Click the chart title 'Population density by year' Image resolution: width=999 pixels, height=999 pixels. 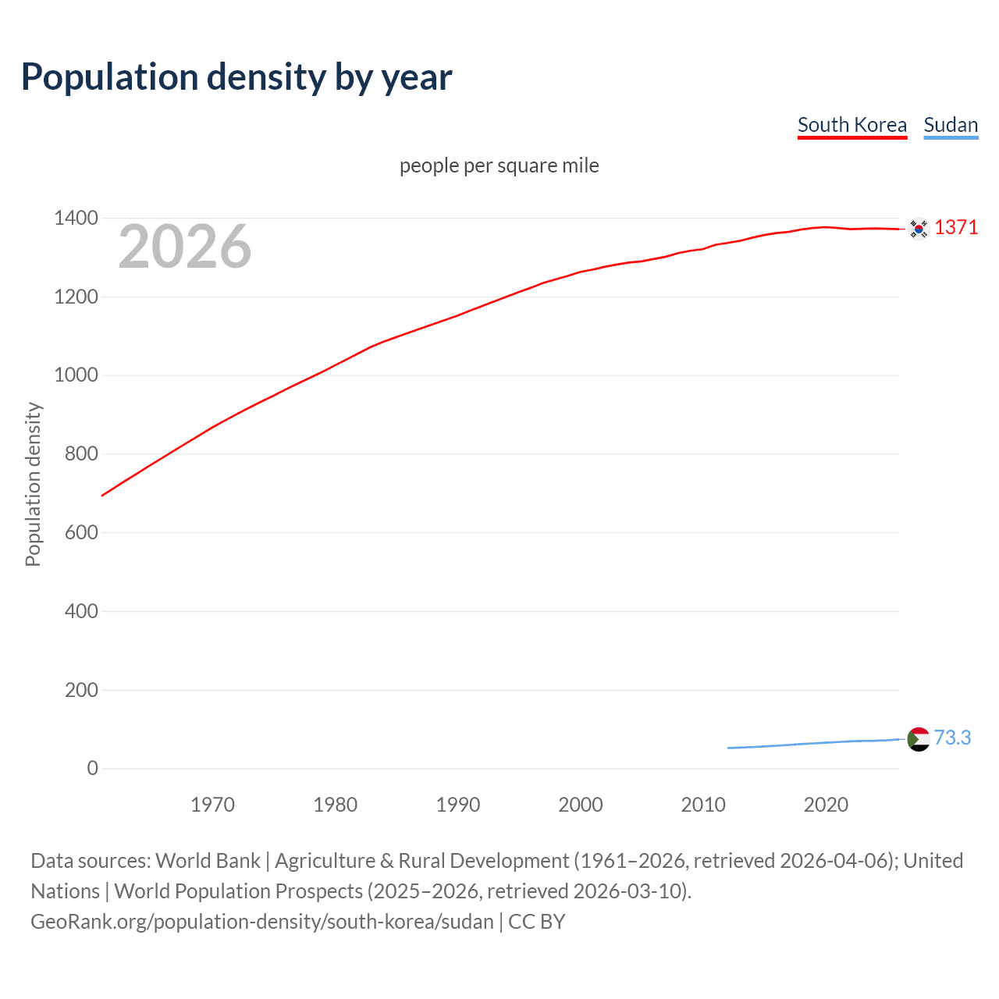(236, 77)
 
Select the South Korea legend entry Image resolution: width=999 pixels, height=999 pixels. (851, 125)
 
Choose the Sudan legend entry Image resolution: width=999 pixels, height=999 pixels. (950, 125)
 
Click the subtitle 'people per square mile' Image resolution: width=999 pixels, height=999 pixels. (499, 165)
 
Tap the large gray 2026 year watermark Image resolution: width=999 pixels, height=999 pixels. (185, 247)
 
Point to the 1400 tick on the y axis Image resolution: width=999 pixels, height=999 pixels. (76, 219)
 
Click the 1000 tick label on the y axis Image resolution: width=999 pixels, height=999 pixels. (76, 375)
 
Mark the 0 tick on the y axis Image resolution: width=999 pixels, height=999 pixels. (93, 768)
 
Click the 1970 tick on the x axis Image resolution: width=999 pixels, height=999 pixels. (212, 805)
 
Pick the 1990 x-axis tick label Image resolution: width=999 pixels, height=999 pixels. (458, 805)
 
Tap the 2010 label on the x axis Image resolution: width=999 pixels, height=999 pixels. (703, 805)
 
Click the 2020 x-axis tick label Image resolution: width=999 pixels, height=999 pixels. (826, 805)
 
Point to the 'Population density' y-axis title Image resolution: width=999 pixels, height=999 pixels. (33, 484)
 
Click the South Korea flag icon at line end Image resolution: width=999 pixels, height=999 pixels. (919, 229)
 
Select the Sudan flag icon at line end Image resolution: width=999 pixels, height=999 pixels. (919, 738)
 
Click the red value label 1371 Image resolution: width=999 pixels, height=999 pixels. (956, 227)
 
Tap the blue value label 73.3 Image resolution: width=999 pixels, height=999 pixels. (952, 738)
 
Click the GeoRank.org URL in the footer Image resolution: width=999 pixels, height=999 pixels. (261, 922)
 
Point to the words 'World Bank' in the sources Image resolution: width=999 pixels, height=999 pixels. (208, 861)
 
